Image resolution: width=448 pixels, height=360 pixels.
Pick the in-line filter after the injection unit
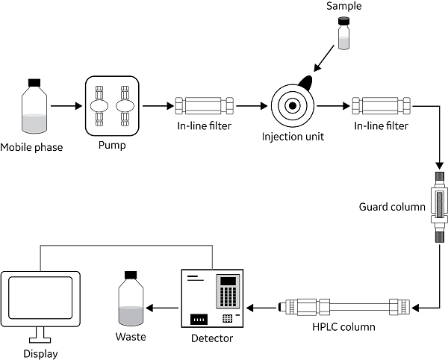376,106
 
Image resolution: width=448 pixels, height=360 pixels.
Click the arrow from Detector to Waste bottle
163,307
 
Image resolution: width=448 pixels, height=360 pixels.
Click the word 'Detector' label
212,339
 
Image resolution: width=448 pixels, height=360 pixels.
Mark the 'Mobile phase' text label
33,147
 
